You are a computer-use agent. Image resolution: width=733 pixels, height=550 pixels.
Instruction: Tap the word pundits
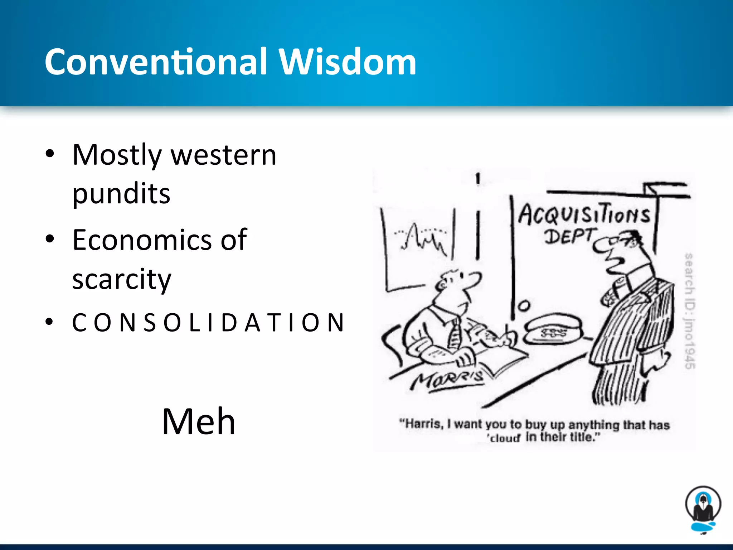point(121,194)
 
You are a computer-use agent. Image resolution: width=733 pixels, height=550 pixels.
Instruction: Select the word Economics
point(142,240)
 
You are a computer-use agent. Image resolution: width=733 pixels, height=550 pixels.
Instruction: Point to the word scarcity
point(122,279)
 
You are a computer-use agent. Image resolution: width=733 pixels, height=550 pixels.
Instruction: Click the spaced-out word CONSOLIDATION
point(208,323)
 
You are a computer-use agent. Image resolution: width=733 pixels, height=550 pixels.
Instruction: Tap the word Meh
point(199,421)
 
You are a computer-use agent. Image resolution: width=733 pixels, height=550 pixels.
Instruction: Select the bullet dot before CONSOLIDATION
point(50,322)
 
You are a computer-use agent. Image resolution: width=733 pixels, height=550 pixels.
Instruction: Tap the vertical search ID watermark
point(690,310)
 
